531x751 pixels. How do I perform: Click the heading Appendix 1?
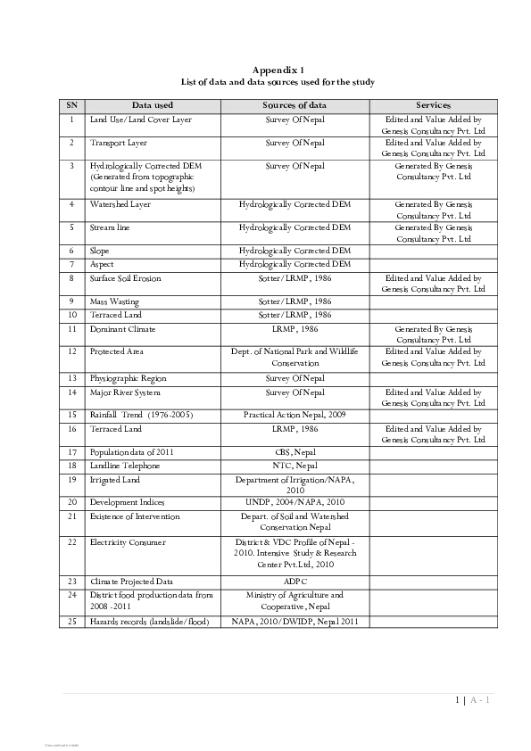point(278,69)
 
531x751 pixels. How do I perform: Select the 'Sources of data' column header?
point(295,105)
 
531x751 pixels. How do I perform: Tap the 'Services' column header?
point(433,105)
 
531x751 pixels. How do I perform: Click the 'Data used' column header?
point(152,105)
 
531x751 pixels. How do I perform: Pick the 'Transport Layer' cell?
point(119,142)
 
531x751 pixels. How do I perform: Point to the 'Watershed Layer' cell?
point(120,204)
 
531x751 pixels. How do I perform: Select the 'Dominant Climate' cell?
point(122,328)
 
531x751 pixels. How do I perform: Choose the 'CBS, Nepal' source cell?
point(295,452)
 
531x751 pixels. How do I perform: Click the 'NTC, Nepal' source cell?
point(295,466)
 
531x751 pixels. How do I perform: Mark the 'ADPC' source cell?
point(295,582)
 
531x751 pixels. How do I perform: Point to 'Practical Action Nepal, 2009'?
point(295,415)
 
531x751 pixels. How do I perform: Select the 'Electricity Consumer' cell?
point(128,541)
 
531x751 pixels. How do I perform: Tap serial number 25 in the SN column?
point(71,621)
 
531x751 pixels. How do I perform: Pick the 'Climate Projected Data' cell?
point(131,582)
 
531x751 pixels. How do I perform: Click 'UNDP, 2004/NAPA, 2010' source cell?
point(295,502)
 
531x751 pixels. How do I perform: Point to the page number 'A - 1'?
point(479,700)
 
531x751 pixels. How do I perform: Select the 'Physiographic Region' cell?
point(128,378)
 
